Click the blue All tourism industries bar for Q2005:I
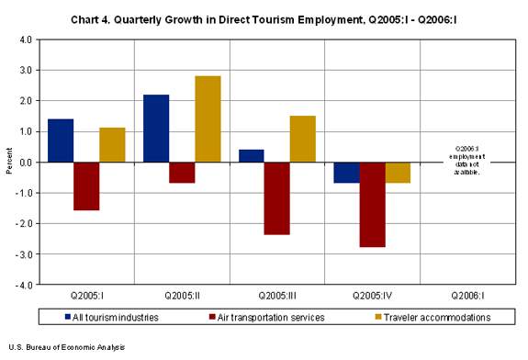pyautogui.click(x=61, y=141)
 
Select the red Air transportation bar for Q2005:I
pyautogui.click(x=86, y=186)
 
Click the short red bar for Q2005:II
pyautogui.click(x=182, y=173)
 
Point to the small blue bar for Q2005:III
pyautogui.click(x=252, y=156)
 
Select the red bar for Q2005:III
pyautogui.click(x=277, y=198)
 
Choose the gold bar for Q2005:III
pyautogui.click(x=303, y=140)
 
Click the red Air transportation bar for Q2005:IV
pyautogui.click(x=373, y=205)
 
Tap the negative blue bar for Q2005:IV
pyautogui.click(x=347, y=173)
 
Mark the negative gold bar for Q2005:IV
pyautogui.click(x=399, y=173)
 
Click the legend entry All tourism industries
pyautogui.click(x=115, y=317)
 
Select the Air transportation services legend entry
pyautogui.click(x=262, y=317)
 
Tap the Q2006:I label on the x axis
pyautogui.click(x=467, y=297)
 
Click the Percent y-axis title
pyautogui.click(x=10, y=163)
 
